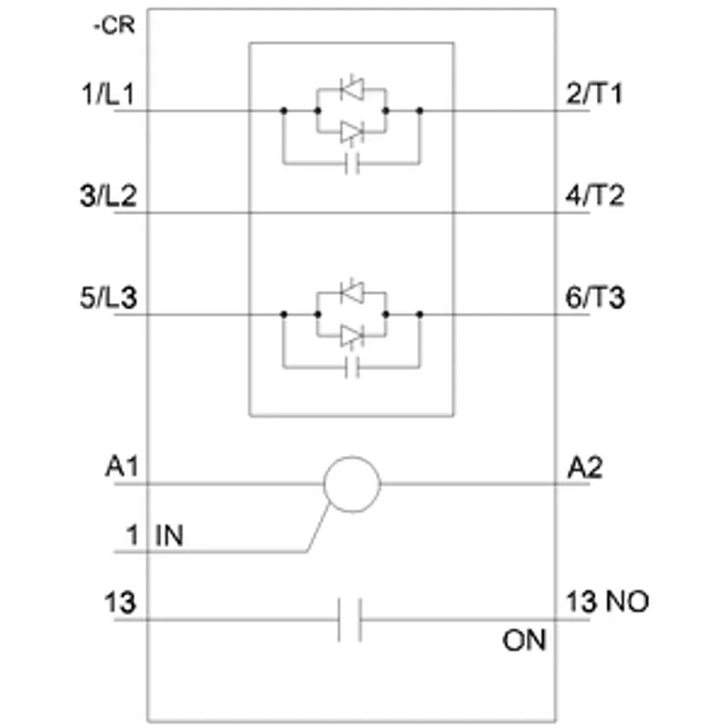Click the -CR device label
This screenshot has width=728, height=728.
pyautogui.click(x=115, y=25)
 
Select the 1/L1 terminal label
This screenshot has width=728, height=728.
pyautogui.click(x=107, y=94)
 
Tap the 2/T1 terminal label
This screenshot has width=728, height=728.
pyautogui.click(x=594, y=94)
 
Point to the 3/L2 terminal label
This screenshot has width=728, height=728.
pyautogui.click(x=108, y=196)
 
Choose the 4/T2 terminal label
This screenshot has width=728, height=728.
pyautogui.click(x=595, y=196)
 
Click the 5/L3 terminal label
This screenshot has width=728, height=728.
pyautogui.click(x=108, y=298)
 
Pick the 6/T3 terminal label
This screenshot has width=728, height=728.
pyautogui.click(x=595, y=298)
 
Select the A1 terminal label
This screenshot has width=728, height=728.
pyautogui.click(x=122, y=467)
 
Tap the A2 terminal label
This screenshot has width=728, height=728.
pyautogui.click(x=585, y=468)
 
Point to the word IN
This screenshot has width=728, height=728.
pyautogui.click(x=169, y=535)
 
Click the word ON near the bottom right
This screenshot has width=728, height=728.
pyautogui.click(x=524, y=641)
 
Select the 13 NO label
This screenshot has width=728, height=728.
pyautogui.click(x=607, y=602)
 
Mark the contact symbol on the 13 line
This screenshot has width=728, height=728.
pyautogui.click(x=350, y=620)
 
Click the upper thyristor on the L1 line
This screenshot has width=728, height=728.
pyautogui.click(x=352, y=88)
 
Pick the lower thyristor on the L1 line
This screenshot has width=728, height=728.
pyautogui.click(x=352, y=133)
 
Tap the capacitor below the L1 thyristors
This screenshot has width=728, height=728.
pyautogui.click(x=352, y=164)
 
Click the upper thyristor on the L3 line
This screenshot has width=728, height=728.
pyautogui.click(x=352, y=292)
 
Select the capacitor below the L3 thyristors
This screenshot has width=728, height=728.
pyautogui.click(x=352, y=368)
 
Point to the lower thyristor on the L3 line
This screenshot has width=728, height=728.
pyautogui.click(x=352, y=336)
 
